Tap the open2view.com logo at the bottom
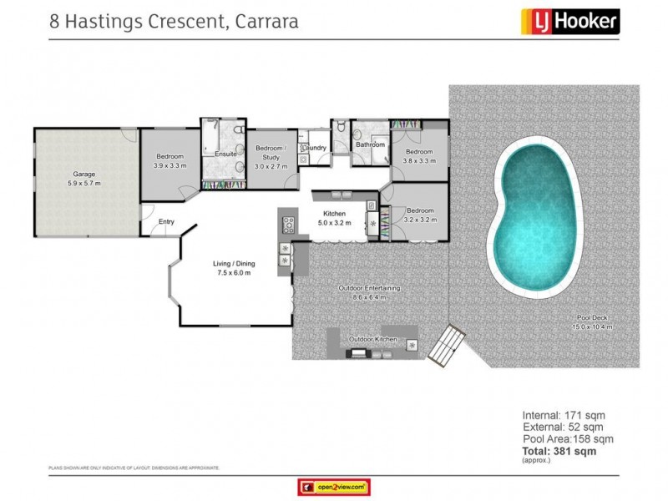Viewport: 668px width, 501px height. (333, 486)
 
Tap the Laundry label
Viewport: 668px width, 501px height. (314, 148)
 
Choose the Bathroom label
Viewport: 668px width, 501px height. (371, 144)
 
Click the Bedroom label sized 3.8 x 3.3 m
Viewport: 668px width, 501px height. (419, 156)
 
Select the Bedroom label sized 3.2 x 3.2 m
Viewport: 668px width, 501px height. (419, 215)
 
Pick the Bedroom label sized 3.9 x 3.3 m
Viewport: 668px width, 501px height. (170, 160)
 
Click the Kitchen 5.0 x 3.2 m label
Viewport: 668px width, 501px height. (335, 219)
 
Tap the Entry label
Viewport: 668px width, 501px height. (167, 221)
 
